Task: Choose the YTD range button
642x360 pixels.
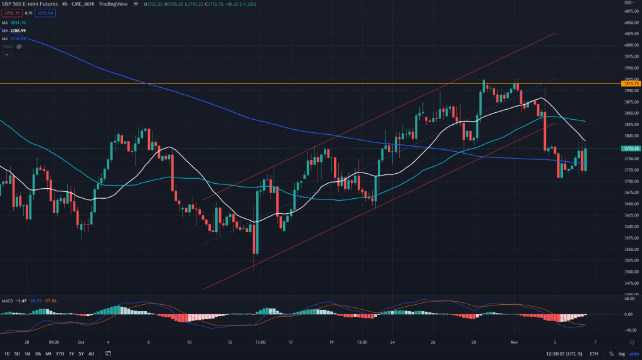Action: [x=60, y=354]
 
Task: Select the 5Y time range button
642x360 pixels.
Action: [x=81, y=354]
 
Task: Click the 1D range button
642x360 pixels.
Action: [x=7, y=354]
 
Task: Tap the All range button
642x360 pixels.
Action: [x=92, y=354]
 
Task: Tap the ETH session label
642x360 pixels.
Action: [x=594, y=354]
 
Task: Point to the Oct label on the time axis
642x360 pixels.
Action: [x=80, y=342]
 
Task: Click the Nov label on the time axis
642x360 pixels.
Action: [x=513, y=342]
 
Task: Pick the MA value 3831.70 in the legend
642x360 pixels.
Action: [x=19, y=23]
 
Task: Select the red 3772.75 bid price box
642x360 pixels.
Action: [x=11, y=13]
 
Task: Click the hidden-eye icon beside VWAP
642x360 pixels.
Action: [x=20, y=46]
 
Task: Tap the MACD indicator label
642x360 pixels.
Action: [x=8, y=300]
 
